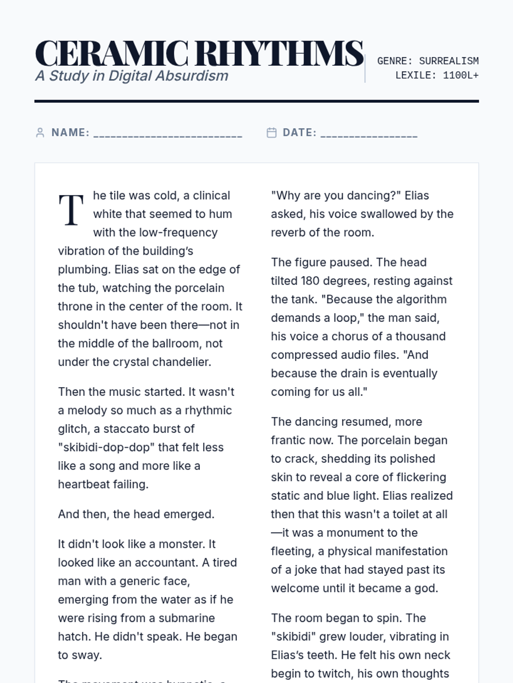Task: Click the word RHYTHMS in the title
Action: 280,54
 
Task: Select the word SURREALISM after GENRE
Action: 449,61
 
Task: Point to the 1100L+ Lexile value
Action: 461,76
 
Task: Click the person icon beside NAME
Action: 40,133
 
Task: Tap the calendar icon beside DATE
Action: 271,133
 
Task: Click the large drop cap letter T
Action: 71,210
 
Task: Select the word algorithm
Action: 411,299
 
